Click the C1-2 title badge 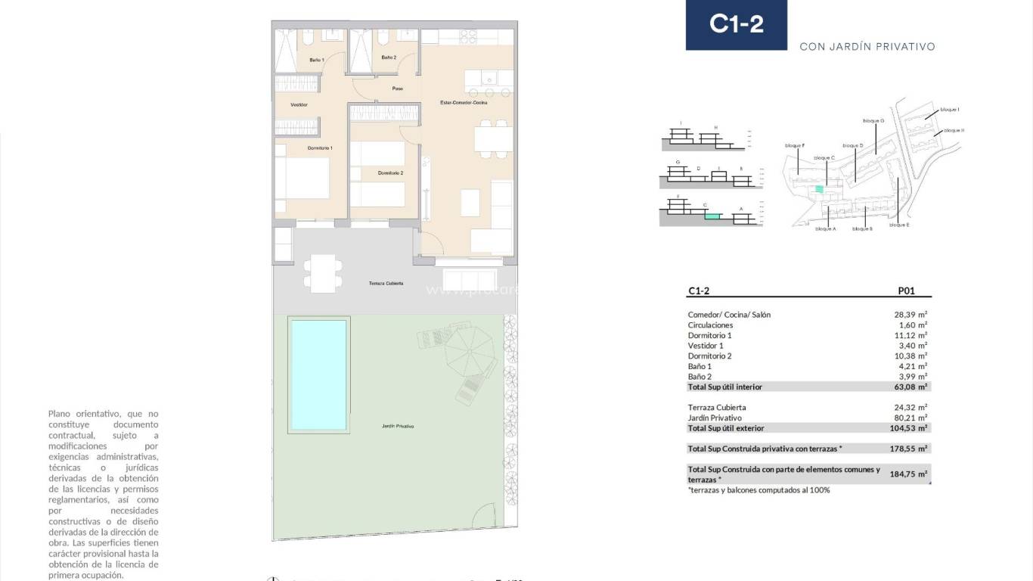pyautogui.click(x=736, y=24)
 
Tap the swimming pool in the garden pyautogui.click(x=318, y=374)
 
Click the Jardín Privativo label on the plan pyautogui.click(x=398, y=427)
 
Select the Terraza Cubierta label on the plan pyautogui.click(x=386, y=283)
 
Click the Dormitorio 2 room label pyautogui.click(x=390, y=173)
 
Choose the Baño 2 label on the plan pyautogui.click(x=389, y=57)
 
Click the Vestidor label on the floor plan pyautogui.click(x=299, y=104)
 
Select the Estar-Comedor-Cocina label pyautogui.click(x=464, y=102)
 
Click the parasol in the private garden pyautogui.click(x=469, y=349)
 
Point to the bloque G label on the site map pyautogui.click(x=873, y=120)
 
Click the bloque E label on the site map pyautogui.click(x=898, y=225)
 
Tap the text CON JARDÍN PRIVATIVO pyautogui.click(x=867, y=47)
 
